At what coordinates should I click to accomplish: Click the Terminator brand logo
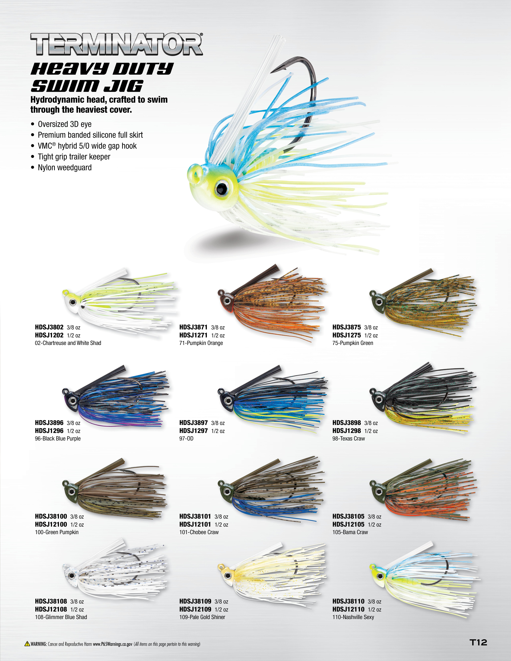point(117,44)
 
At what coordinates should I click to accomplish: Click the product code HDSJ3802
point(49,327)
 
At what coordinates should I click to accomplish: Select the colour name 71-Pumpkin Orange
point(201,343)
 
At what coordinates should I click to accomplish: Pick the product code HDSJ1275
point(347,335)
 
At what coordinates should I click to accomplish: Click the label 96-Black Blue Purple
point(58,439)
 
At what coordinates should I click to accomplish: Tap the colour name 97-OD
point(186,439)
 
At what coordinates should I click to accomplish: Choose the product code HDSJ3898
point(347,423)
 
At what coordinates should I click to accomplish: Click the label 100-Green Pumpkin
point(57,532)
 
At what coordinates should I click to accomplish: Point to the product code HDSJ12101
point(195,524)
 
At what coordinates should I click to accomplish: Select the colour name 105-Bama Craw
point(350,532)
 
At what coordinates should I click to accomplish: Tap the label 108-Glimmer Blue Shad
point(61,617)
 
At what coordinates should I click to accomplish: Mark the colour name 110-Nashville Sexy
point(353,617)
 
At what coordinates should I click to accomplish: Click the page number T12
point(478,642)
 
